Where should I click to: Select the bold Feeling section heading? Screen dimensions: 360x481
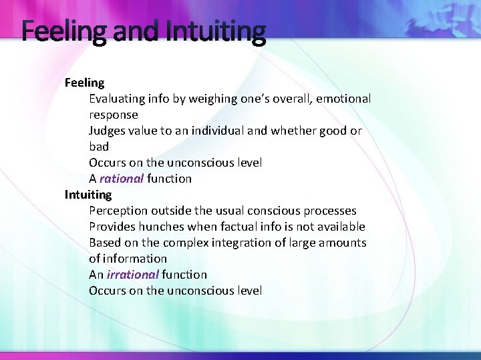tap(84, 83)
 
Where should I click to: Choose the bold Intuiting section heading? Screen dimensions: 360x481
tap(88, 195)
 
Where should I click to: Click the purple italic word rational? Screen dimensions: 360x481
tap(122, 179)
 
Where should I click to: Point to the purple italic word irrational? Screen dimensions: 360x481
tap(132, 275)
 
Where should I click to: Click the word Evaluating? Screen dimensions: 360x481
tap(117, 99)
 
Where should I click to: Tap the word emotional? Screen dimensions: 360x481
tap(343, 99)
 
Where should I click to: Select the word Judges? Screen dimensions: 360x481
tap(108, 131)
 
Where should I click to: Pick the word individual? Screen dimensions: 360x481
tap(218, 131)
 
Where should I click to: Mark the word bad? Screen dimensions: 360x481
tap(99, 147)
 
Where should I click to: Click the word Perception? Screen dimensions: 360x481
tap(119, 211)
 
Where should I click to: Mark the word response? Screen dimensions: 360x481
tap(114, 115)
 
